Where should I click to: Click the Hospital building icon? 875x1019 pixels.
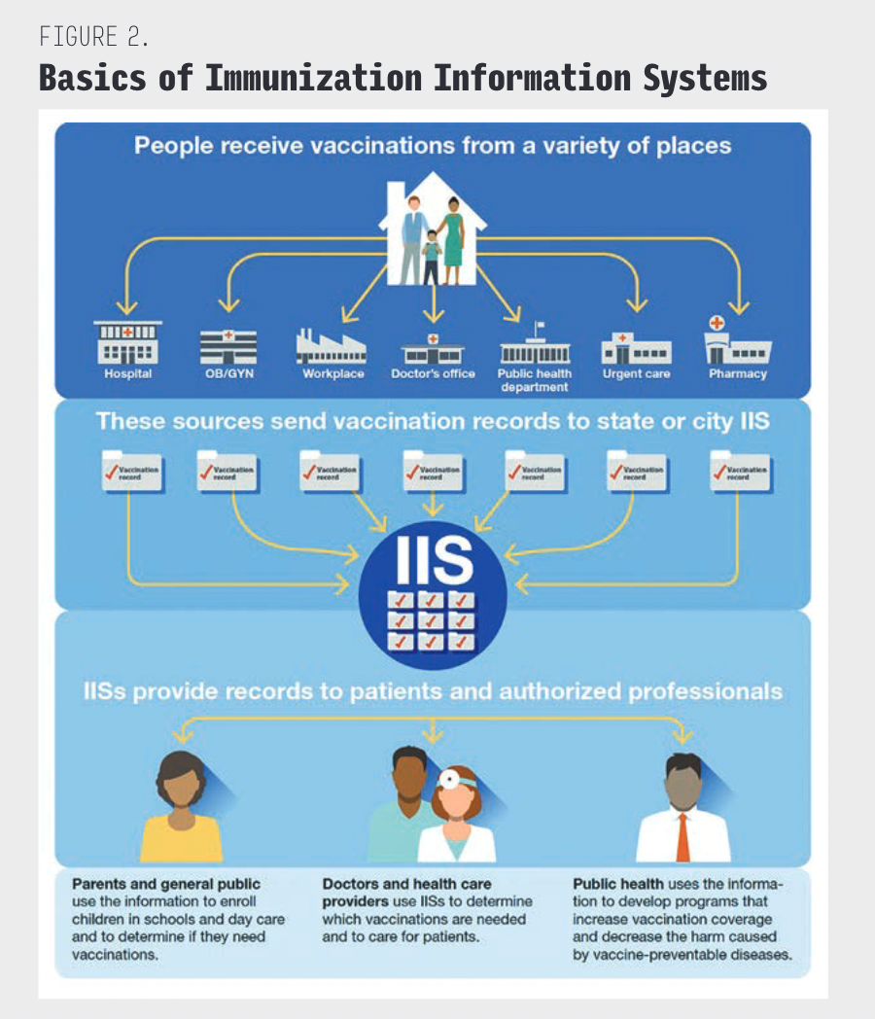point(128,343)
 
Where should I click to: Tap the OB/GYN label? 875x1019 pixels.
point(228,373)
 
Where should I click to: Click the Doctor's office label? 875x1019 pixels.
point(433,373)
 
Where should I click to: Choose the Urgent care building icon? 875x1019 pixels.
point(636,347)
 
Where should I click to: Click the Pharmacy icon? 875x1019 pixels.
point(737,341)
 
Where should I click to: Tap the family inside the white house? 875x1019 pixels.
point(434,238)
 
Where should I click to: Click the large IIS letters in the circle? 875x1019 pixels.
point(434,559)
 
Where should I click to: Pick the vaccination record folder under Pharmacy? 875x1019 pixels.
point(740,471)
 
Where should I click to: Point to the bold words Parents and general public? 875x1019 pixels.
point(166,884)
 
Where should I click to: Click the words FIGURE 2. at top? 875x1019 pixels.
point(93,37)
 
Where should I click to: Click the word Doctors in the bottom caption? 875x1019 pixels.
point(350,884)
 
